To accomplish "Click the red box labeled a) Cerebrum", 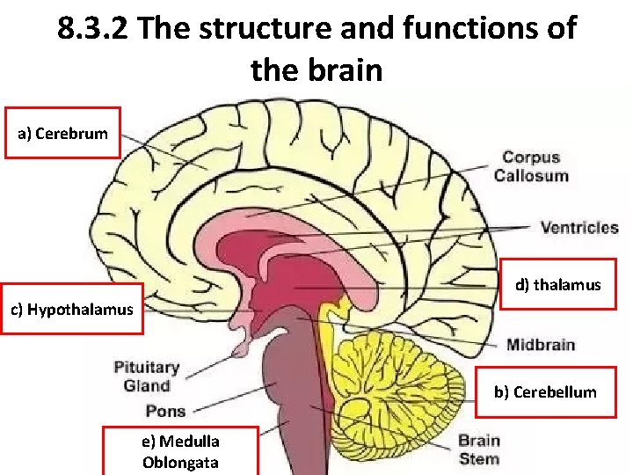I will click(62, 133).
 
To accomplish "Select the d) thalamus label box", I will click(557, 284).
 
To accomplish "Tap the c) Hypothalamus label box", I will click(71, 309).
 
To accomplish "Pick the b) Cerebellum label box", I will click(544, 391).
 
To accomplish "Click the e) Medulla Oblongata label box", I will click(180, 451).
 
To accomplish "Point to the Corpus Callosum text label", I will click(531, 166).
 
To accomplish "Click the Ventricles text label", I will click(579, 228).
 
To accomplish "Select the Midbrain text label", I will click(540, 344).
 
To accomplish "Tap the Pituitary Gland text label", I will click(146, 376).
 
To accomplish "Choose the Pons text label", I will click(165, 411).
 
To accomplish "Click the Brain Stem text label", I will click(478, 449).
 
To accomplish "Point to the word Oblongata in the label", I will click(180, 462).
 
